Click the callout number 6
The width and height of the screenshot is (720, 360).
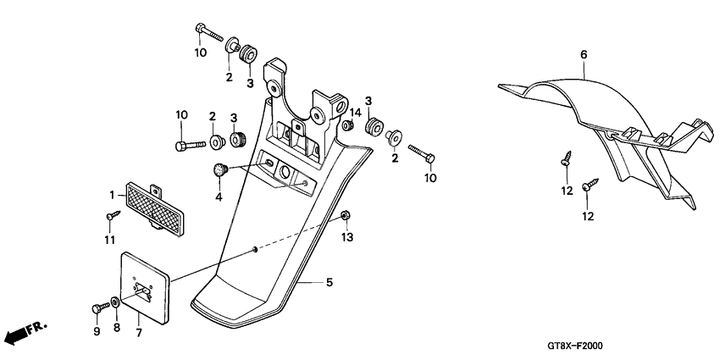click(x=584, y=55)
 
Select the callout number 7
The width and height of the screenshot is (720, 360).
click(x=139, y=331)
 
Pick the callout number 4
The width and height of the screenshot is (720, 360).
click(x=219, y=197)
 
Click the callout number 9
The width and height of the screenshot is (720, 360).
click(x=96, y=331)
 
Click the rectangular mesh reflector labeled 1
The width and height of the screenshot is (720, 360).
click(x=153, y=206)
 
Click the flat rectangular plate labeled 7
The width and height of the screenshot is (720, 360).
click(x=147, y=286)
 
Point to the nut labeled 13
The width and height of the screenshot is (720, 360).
click(x=346, y=218)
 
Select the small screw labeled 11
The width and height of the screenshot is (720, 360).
click(x=110, y=219)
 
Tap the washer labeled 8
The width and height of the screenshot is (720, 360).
click(x=114, y=301)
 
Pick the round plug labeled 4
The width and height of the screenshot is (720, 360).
click(x=220, y=169)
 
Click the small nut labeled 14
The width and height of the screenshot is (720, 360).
click(x=347, y=126)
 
